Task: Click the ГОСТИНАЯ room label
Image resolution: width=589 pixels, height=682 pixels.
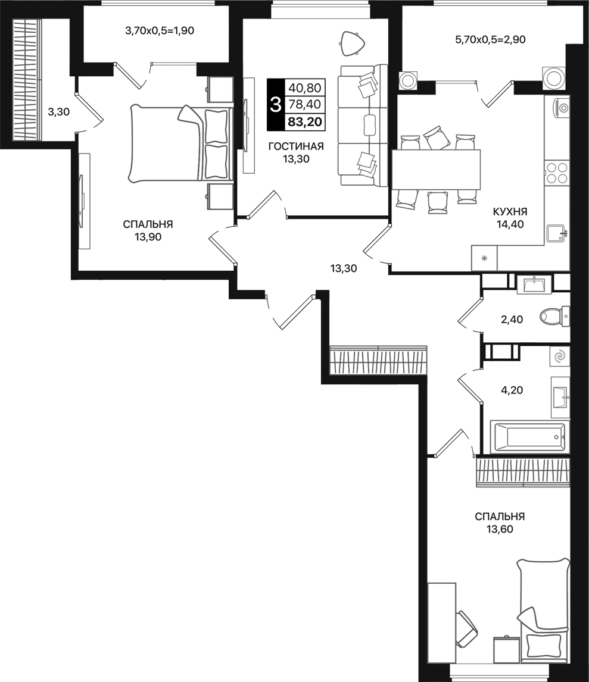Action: coord(296,146)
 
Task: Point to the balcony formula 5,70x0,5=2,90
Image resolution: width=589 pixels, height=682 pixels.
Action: coord(490,40)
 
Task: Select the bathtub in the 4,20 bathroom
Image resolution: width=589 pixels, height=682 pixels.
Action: coord(528,437)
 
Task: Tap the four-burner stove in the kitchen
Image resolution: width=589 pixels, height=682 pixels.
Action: coord(557,173)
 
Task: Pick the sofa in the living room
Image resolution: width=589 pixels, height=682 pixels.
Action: coord(363,126)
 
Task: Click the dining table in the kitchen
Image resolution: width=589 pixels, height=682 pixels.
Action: coord(436,169)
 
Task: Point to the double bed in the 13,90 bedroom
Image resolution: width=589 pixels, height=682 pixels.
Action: coord(179,143)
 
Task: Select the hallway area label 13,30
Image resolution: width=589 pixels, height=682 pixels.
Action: coord(343,268)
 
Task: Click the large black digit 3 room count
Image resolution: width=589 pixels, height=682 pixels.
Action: coord(275,105)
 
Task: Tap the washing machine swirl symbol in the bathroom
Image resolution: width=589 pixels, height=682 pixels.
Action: coord(559,356)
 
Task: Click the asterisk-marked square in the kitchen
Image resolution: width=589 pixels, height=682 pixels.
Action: coord(484,258)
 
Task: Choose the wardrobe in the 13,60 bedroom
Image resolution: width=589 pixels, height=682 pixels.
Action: coord(522,473)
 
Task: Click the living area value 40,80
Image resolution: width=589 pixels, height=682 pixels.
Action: coord(304,88)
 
